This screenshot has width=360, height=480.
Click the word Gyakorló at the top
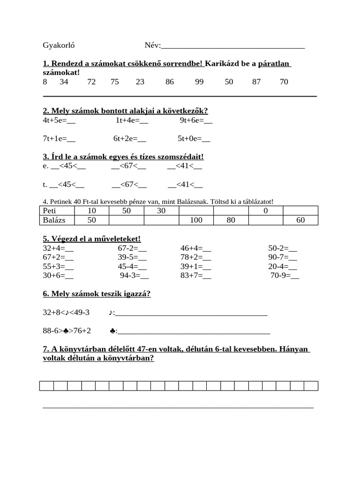pyautogui.click(x=59, y=45)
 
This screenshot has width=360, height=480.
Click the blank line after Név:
pyautogui.click(x=232, y=46)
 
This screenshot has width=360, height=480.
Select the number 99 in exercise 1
pyautogui.click(x=199, y=82)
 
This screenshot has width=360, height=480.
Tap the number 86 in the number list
pyautogui.click(x=170, y=82)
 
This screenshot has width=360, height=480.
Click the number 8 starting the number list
pyautogui.click(x=45, y=82)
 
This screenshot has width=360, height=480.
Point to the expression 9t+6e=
pyautogui.click(x=196, y=120)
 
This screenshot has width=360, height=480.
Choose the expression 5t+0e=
pyautogui.click(x=194, y=139)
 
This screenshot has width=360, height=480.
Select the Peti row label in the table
pyautogui.click(x=49, y=211)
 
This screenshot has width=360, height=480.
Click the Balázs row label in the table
pyautogui.click(x=53, y=220)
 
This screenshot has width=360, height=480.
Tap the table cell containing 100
pyautogui.click(x=196, y=220)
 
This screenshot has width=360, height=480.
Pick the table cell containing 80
pyautogui.click(x=231, y=220)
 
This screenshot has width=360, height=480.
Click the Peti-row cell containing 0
pyautogui.click(x=265, y=211)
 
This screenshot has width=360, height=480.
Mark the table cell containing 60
pyautogui.click(x=300, y=220)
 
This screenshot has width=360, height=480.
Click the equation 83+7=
pyautogui.click(x=195, y=276)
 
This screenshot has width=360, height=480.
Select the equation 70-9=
pyautogui.click(x=285, y=276)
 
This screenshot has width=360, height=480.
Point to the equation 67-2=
pyautogui.click(x=132, y=248)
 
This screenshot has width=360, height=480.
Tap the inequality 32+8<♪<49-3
pyautogui.click(x=66, y=312)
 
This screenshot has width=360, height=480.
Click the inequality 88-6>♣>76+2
pyautogui.click(x=67, y=331)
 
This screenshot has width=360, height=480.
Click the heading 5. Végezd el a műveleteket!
pyautogui.click(x=91, y=239)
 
